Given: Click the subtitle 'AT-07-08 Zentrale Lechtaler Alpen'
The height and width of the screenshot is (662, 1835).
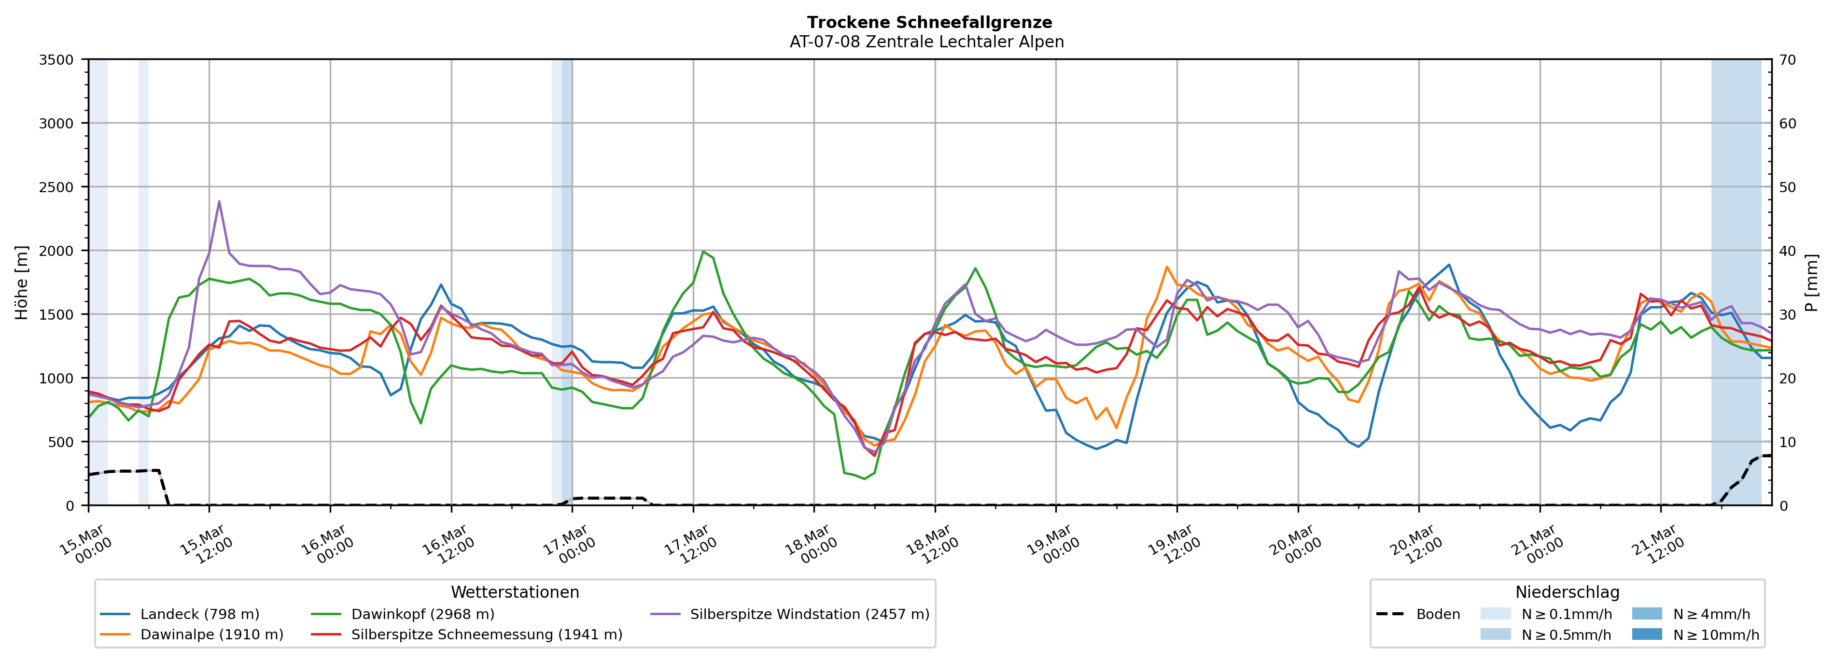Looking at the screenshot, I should (926, 42).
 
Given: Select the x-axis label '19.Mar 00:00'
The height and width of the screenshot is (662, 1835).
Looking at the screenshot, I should (1053, 545).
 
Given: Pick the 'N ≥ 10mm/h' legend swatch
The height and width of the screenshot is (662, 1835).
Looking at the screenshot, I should (1646, 634).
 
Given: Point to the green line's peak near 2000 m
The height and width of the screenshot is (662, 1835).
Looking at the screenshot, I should (703, 252).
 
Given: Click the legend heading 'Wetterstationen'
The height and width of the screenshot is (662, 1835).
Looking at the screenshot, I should (515, 592).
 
